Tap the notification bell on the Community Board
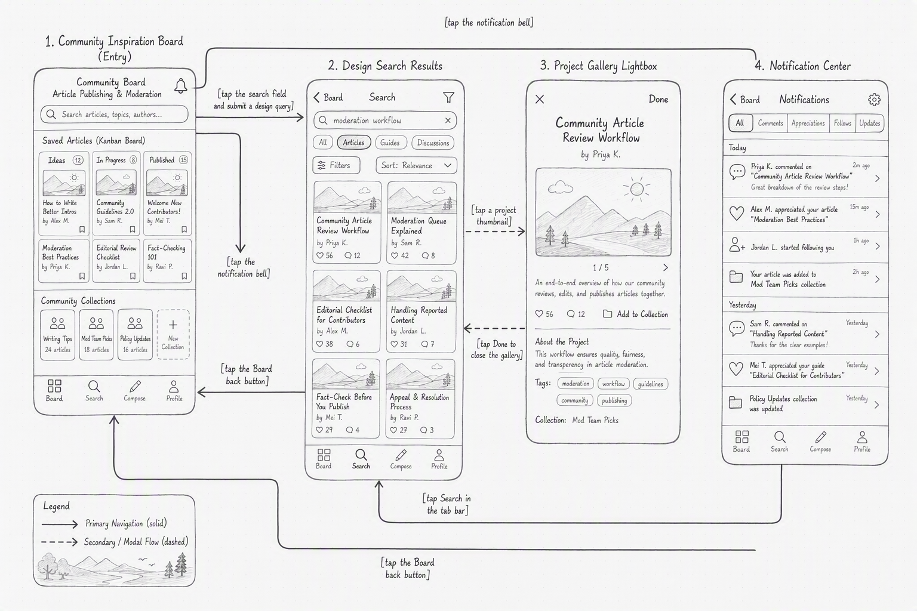(x=180, y=86)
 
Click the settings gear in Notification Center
(x=874, y=100)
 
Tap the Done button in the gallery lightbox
(x=658, y=99)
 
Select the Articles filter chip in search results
(x=353, y=143)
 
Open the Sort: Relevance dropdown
(x=416, y=165)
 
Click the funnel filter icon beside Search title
(x=449, y=97)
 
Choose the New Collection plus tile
(x=173, y=334)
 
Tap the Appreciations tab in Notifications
(x=808, y=123)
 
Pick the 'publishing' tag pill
(x=614, y=400)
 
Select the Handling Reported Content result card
(x=421, y=311)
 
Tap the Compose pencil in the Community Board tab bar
(x=135, y=390)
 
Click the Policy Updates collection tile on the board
(x=135, y=334)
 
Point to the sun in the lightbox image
(x=636, y=189)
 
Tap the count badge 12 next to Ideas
(x=78, y=160)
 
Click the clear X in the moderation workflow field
(x=448, y=121)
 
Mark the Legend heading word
(x=57, y=506)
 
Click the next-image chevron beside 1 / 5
(x=666, y=267)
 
